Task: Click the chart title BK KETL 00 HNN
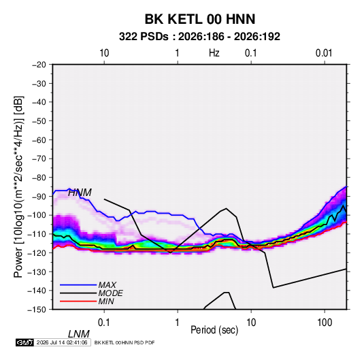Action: (x=200, y=19)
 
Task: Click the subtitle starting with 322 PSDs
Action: (x=199, y=37)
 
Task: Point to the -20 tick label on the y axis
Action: (x=39, y=65)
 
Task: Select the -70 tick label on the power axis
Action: (x=39, y=159)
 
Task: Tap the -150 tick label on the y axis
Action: (x=37, y=310)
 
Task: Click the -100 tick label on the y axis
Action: (x=37, y=215)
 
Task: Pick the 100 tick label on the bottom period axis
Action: (x=325, y=323)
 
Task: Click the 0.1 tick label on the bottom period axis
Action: (x=104, y=323)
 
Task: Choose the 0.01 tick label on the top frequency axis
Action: (x=324, y=53)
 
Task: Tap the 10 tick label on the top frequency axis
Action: (x=104, y=53)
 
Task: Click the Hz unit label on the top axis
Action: (x=214, y=53)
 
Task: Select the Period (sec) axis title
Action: (x=214, y=330)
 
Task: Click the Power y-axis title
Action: (x=18, y=187)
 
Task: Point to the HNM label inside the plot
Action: (x=80, y=193)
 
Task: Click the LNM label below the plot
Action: (x=79, y=334)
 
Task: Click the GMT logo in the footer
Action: (x=24, y=342)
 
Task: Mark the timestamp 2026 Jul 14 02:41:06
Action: (x=62, y=342)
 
